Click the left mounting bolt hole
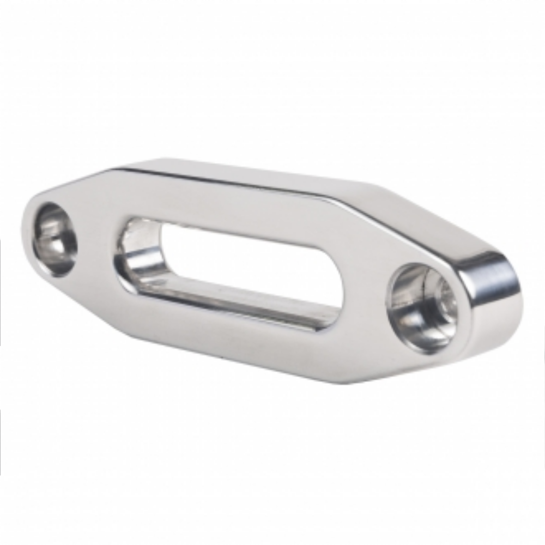[x=55, y=239]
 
